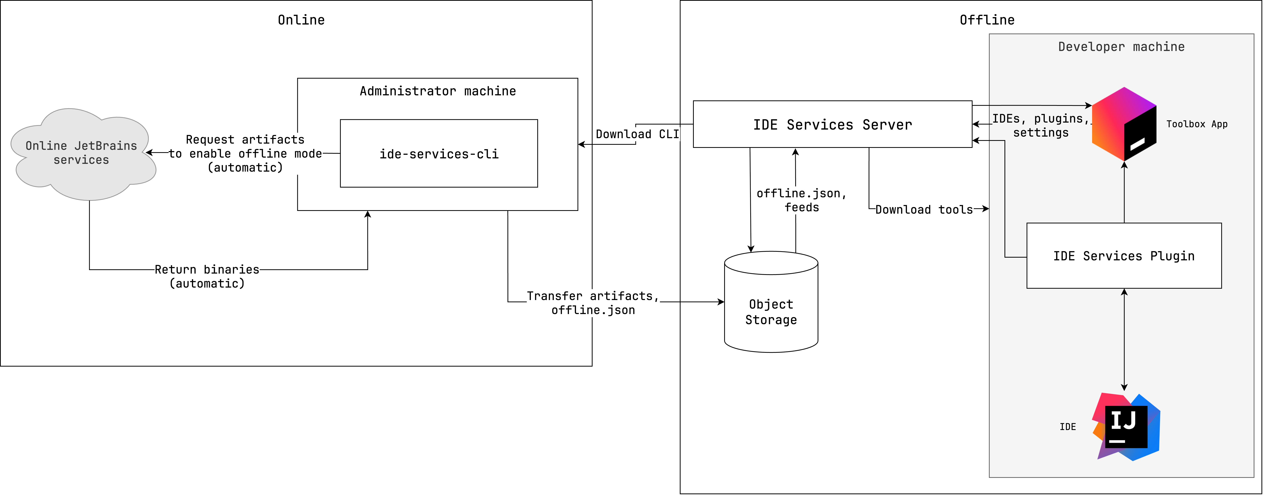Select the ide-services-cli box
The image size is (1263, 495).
coord(439,153)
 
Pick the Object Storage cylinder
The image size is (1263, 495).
coord(771,312)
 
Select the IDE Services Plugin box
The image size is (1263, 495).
coord(1124,256)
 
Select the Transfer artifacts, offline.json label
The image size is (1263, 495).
coord(593,303)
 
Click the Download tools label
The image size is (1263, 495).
coord(924,210)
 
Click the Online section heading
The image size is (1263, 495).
coord(301,20)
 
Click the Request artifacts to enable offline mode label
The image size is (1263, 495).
coord(245,153)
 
